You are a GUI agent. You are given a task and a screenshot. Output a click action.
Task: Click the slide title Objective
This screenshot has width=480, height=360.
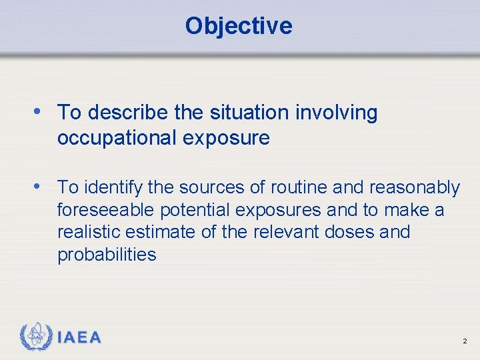coord(239,26)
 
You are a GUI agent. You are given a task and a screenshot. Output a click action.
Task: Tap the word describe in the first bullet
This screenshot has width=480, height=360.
coord(127,113)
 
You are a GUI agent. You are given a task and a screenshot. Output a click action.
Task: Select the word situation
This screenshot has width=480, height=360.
coord(237,113)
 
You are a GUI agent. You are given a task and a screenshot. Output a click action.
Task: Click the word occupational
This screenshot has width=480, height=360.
coord(115,138)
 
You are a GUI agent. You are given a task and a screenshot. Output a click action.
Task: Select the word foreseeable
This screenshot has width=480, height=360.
coord(105,211)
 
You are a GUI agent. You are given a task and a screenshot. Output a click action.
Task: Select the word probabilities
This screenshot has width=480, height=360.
coord(107,255)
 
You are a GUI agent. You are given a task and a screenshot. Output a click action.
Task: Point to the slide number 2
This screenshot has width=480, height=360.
coord(464,341)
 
